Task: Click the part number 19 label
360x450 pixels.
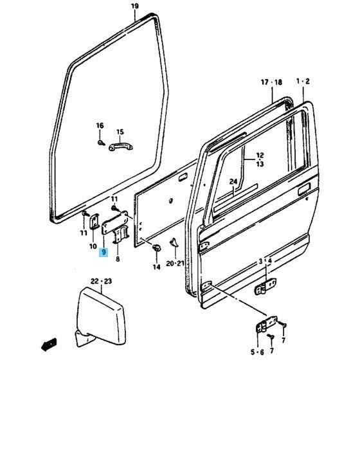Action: (134, 7)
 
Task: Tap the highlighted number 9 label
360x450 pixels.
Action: (104, 253)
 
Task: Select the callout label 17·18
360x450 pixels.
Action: (271, 82)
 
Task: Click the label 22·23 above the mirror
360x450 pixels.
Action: (101, 281)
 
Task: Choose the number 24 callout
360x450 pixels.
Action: (233, 182)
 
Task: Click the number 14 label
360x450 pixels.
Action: (156, 266)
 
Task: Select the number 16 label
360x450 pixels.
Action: (100, 125)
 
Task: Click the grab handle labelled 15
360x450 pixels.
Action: (119, 146)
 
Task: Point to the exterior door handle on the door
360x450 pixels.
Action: (302, 191)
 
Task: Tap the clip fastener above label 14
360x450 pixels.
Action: (156, 248)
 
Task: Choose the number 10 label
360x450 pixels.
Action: (94, 246)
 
